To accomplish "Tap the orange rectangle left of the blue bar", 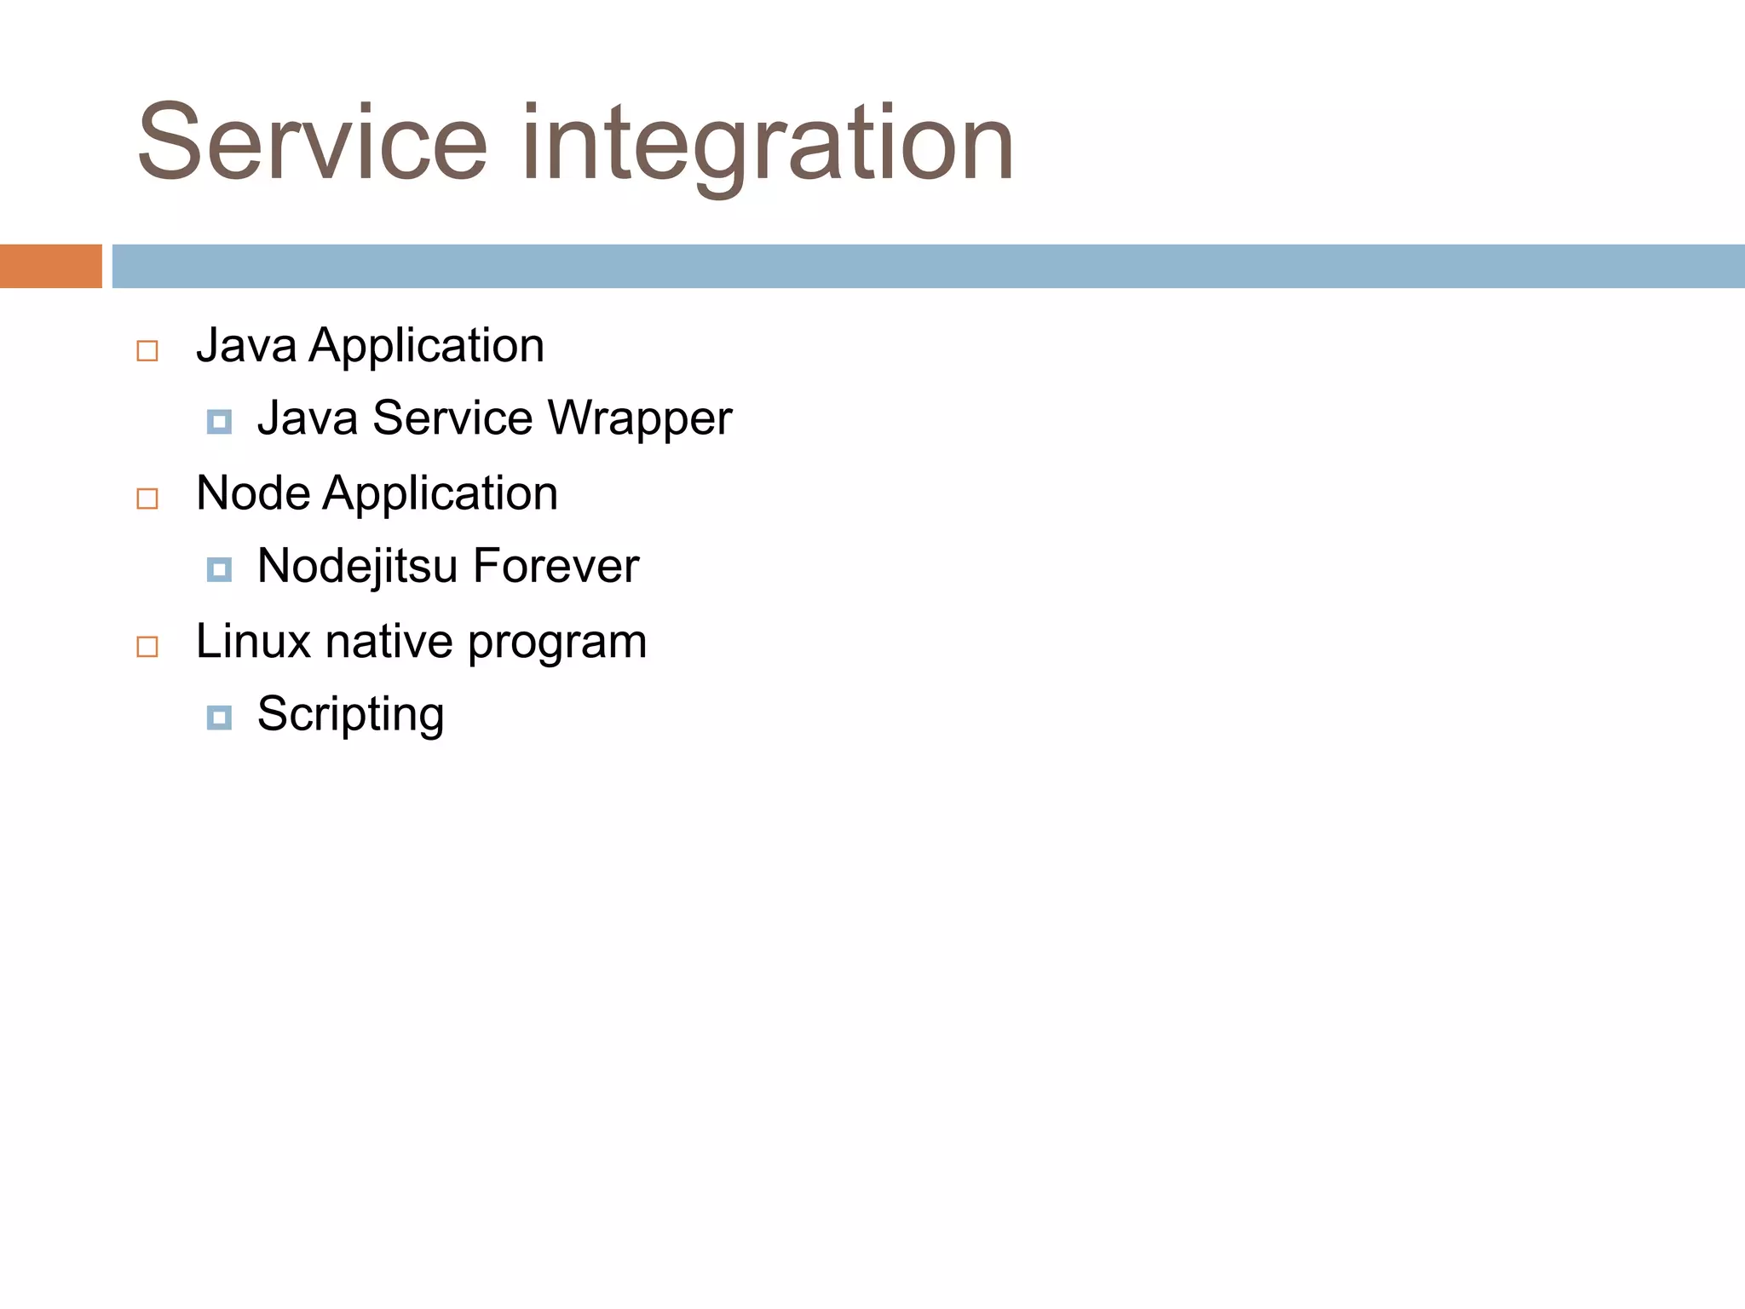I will tap(50, 266).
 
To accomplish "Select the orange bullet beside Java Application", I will tap(147, 351).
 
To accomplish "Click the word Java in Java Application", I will tap(246, 346).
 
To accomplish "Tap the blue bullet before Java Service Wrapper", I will tap(219, 421).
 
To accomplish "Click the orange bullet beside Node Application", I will tap(147, 499).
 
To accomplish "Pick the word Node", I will tap(253, 493).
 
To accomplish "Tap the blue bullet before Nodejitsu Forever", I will tap(219, 569).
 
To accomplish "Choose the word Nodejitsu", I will tap(358, 567).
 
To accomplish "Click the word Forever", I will tap(556, 566).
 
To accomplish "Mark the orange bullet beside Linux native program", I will tap(147, 647).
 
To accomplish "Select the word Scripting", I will tap(351, 715).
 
